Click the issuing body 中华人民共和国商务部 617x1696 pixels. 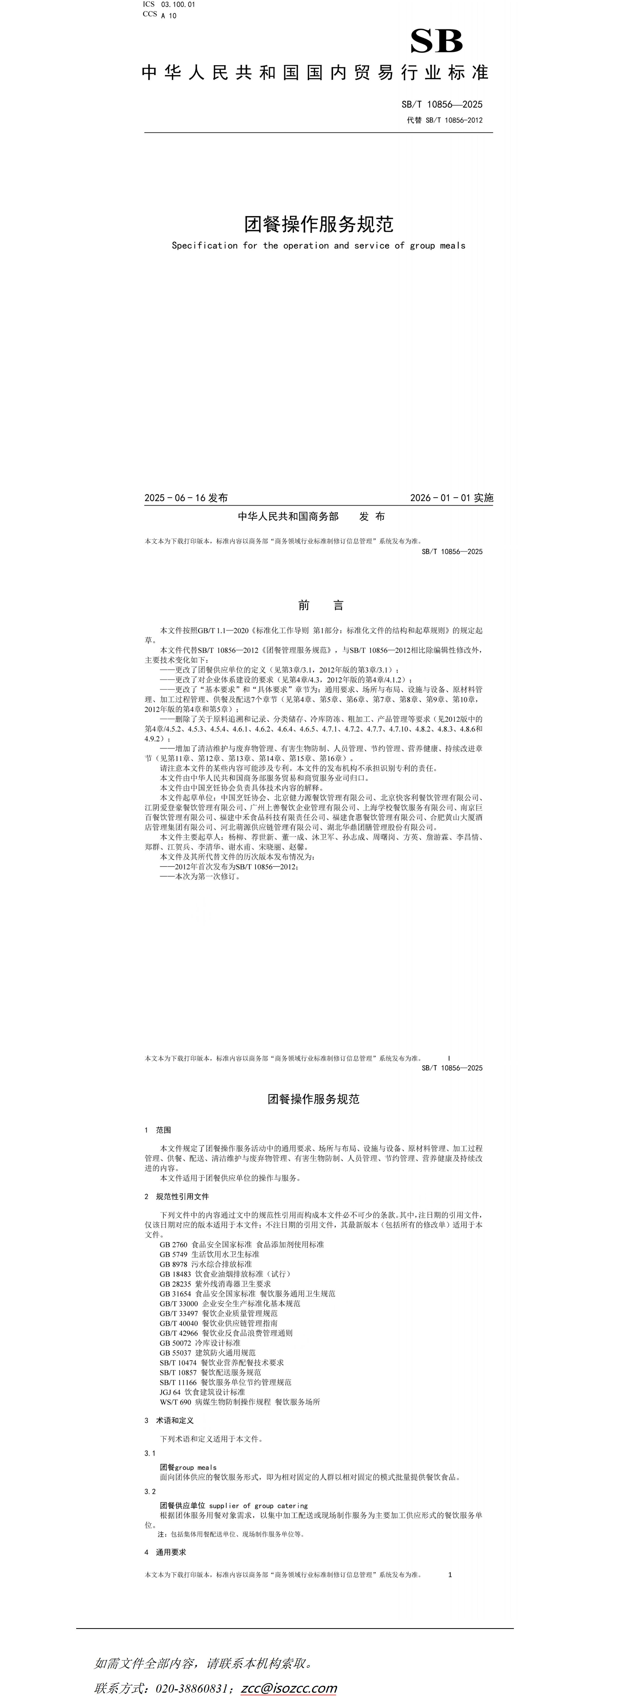(x=288, y=517)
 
